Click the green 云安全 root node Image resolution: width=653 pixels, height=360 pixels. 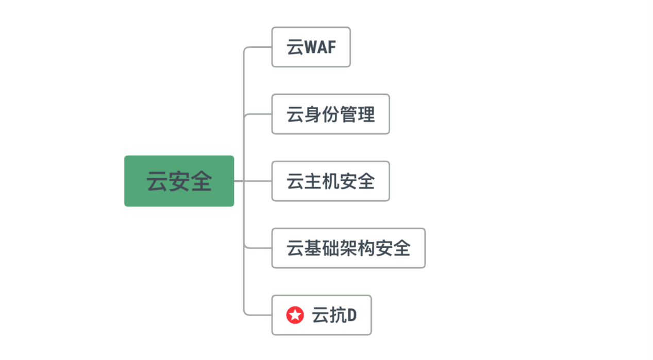[x=179, y=181]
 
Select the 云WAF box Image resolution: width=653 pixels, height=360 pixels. [x=311, y=47]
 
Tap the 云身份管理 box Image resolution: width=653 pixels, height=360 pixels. [x=330, y=114]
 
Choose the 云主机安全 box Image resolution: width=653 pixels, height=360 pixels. [x=330, y=181]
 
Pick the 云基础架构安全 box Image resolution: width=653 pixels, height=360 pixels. [x=348, y=248]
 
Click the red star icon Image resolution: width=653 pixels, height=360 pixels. [x=295, y=315]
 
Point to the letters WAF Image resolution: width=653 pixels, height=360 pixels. [x=320, y=47]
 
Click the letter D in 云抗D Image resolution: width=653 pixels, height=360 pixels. [x=351, y=315]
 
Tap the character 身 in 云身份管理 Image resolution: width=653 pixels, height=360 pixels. [x=313, y=114]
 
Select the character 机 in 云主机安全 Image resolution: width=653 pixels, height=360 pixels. [x=331, y=181]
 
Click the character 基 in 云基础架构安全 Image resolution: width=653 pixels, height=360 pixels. [x=313, y=248]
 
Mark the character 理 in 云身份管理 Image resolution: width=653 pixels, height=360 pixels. [x=366, y=114]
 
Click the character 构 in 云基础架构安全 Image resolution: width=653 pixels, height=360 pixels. [x=366, y=248]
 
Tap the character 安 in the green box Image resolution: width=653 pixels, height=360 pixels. [x=179, y=181]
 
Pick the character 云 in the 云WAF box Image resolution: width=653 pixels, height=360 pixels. [x=295, y=47]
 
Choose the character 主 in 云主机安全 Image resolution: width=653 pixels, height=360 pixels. [x=313, y=181]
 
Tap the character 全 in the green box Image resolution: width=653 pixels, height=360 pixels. [x=201, y=181]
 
